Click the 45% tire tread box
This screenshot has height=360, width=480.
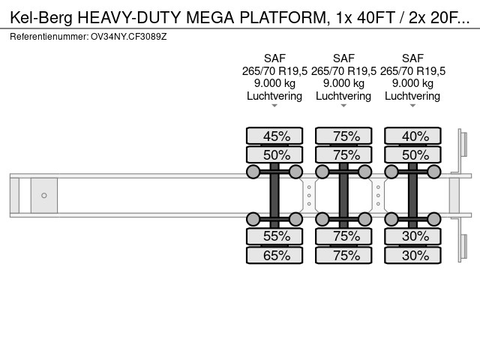point(274,136)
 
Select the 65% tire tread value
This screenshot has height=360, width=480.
point(274,255)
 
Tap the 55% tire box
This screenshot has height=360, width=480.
point(274,236)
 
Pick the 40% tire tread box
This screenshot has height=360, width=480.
point(412,136)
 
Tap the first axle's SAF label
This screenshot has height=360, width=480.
point(274,58)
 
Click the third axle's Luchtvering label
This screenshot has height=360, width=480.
point(412,96)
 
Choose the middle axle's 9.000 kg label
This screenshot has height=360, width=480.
point(343,83)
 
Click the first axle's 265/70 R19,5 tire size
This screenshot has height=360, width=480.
point(274,70)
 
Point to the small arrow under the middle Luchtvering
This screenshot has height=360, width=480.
point(343,106)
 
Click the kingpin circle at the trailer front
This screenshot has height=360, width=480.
point(44,196)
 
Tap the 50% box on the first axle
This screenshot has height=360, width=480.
point(274,154)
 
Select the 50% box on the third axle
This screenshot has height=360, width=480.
point(412,154)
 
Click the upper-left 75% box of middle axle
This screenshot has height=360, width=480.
point(343,136)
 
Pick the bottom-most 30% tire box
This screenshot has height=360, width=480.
point(412,255)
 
